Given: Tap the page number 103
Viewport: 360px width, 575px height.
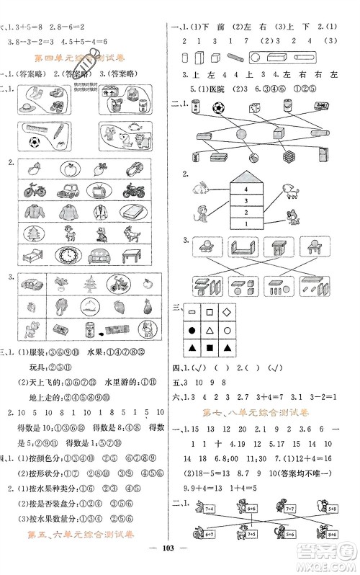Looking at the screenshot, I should pyautogui.click(x=180, y=561).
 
